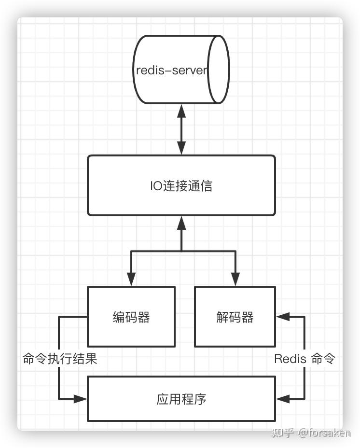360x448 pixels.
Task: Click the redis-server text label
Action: coord(171,70)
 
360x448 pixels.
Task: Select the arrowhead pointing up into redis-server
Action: coord(181,111)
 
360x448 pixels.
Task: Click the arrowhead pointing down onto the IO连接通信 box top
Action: coord(181,148)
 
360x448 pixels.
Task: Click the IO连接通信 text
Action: coord(181,186)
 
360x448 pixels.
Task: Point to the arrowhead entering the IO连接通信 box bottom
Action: coord(181,223)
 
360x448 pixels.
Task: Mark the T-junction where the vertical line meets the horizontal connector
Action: coord(181,251)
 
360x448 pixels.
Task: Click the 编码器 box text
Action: coord(131,317)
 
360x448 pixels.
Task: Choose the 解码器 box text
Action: coord(235,317)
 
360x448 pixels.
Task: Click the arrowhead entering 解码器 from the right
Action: coord(283,317)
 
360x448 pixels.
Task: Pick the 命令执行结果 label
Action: coord(60,359)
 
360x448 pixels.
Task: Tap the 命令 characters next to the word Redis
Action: coord(322,359)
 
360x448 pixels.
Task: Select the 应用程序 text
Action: coord(181,399)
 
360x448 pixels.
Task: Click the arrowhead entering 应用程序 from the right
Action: coord(283,399)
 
